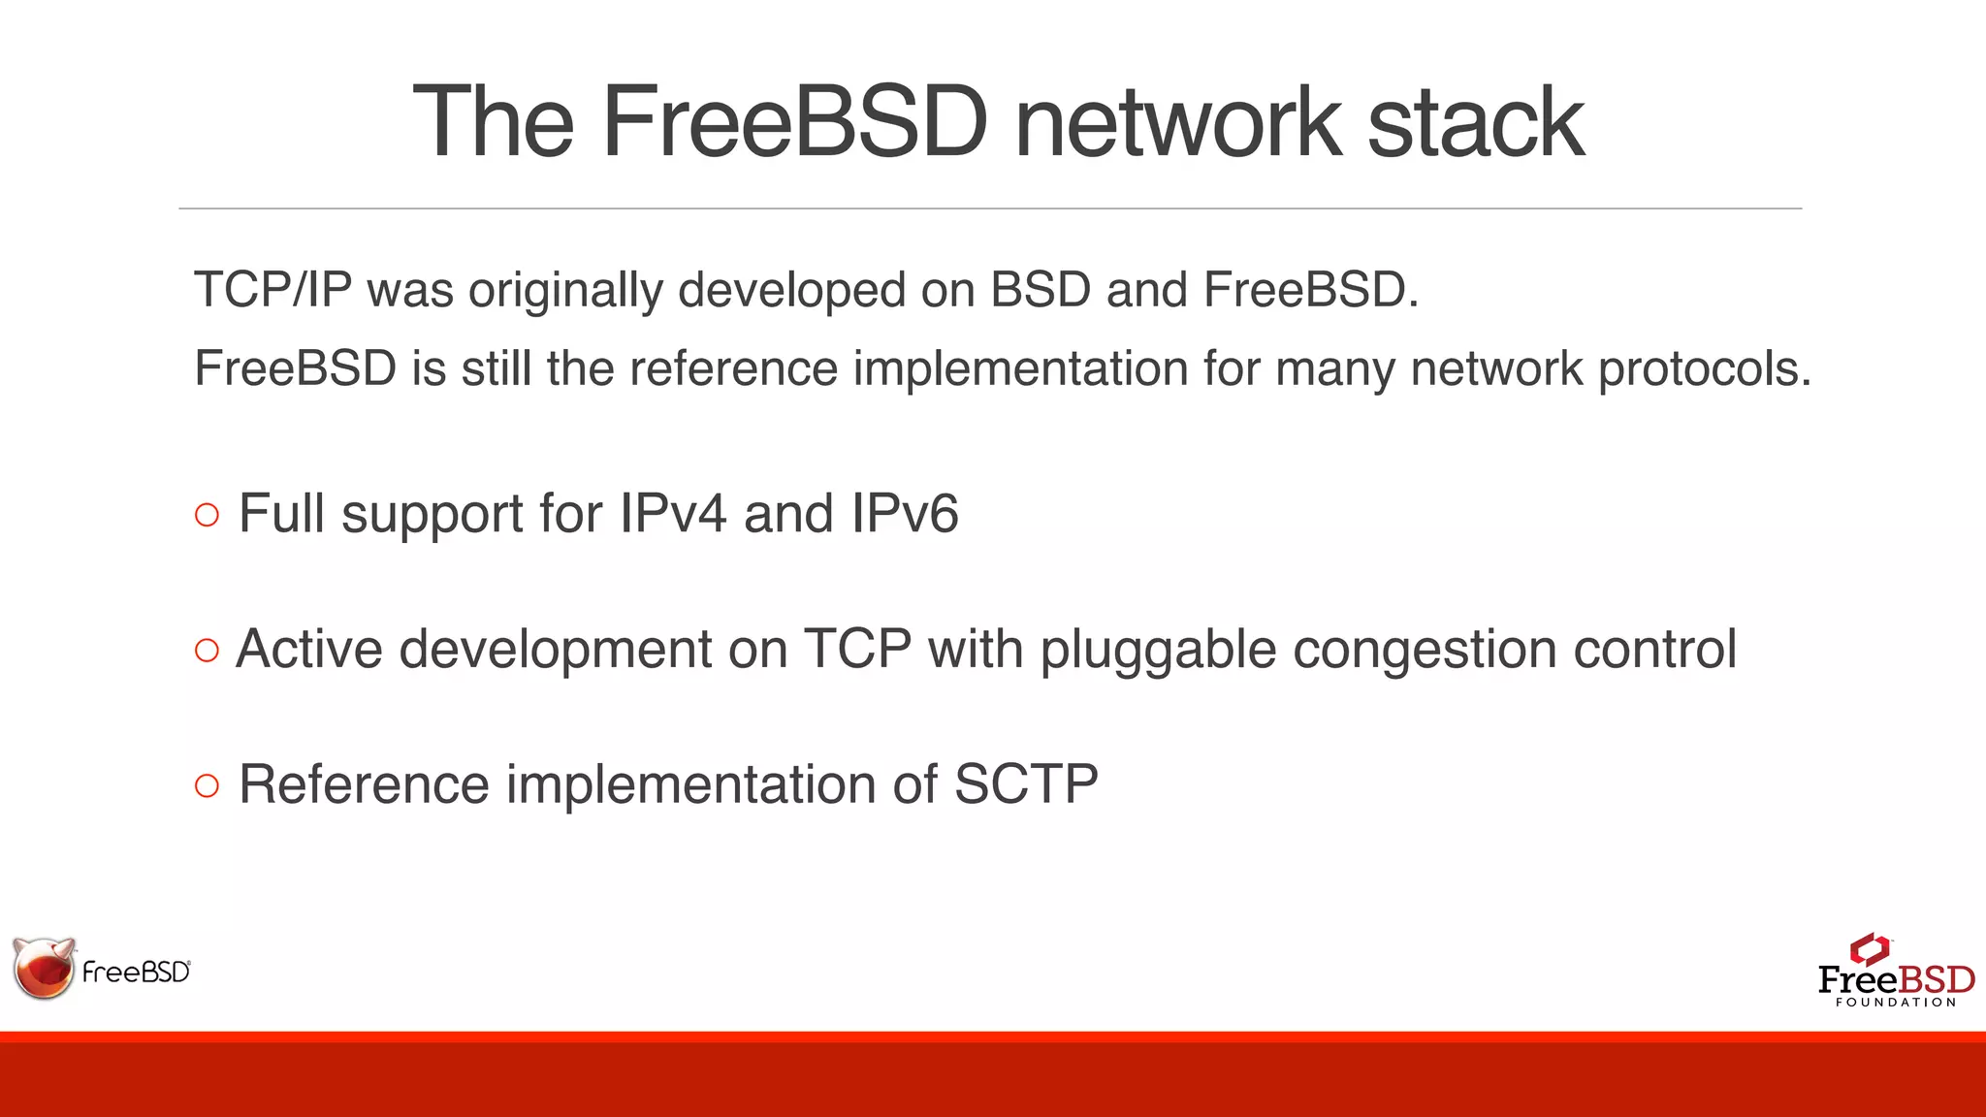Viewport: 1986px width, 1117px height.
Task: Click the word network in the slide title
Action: (1177, 123)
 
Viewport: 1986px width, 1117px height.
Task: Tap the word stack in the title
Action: (1475, 123)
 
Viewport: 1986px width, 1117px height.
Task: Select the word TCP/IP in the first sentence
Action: (272, 290)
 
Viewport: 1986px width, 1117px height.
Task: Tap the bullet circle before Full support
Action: (207, 515)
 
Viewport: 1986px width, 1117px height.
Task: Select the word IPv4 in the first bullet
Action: (672, 514)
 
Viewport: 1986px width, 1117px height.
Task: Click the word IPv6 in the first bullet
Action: (904, 514)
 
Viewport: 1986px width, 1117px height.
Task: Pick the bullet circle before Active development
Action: (207, 650)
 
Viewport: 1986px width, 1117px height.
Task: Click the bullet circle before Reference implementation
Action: (207, 785)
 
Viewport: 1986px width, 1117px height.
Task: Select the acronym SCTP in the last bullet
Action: (1026, 784)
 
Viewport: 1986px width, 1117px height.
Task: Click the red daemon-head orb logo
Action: (44, 968)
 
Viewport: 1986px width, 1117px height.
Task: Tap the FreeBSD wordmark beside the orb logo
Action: (136, 972)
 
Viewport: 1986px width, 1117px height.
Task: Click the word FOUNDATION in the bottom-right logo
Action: (1896, 1003)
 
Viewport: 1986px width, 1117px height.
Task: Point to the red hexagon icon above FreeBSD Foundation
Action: (1870, 948)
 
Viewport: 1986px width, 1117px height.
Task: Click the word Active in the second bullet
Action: (309, 650)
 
